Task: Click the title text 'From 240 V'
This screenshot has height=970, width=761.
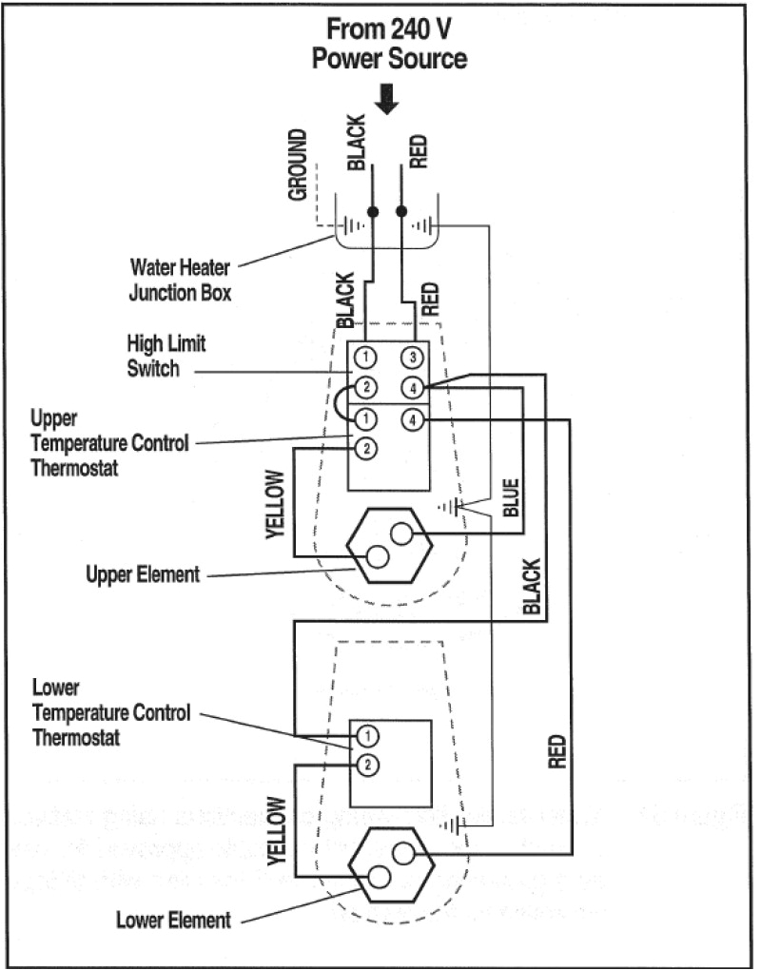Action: pos(390,28)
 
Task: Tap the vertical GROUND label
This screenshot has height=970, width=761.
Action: pos(298,165)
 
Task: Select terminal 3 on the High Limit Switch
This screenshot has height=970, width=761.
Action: pos(411,358)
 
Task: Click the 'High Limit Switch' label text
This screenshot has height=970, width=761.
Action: pos(166,355)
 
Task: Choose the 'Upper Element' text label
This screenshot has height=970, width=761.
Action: pos(143,574)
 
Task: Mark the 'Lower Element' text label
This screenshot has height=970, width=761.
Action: pos(173,920)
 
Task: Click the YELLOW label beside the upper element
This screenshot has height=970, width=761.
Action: pos(275,505)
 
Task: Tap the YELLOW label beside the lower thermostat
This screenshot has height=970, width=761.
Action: pos(275,829)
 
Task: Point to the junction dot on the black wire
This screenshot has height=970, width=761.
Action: pos(373,211)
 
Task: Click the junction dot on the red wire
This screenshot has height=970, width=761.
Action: pos(401,211)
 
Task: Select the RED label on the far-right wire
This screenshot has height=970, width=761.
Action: pos(556,750)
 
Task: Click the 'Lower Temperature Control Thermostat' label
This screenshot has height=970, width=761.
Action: pos(111,711)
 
